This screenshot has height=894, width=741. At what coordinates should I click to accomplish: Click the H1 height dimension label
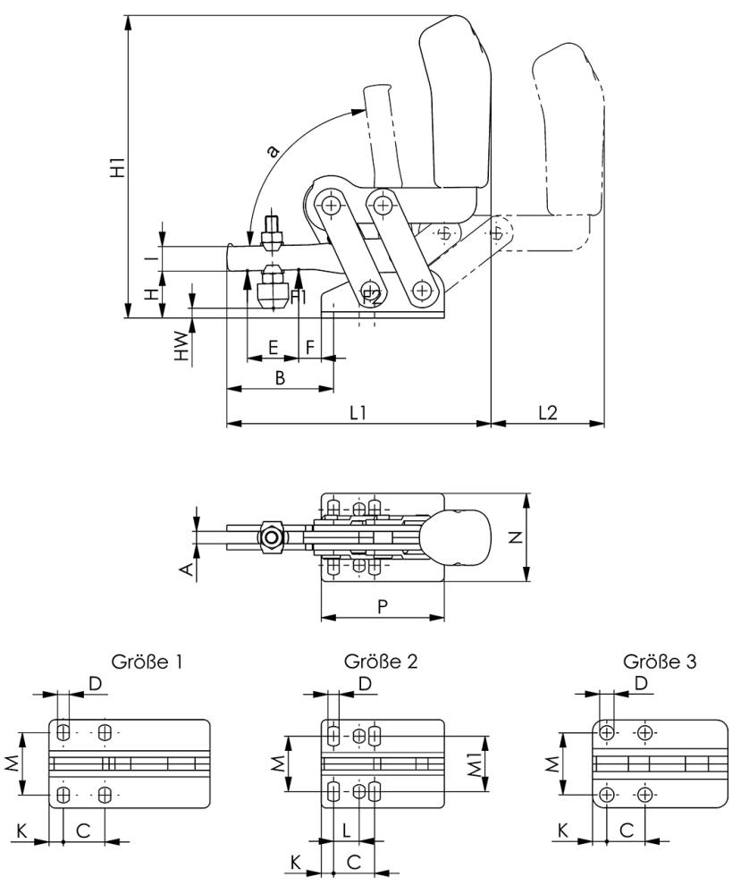[x=117, y=166]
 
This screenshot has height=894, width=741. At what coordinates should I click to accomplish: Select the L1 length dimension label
[x=359, y=412]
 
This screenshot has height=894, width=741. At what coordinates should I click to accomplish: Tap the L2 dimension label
[x=548, y=412]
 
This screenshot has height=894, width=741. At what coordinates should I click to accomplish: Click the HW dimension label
[x=182, y=347]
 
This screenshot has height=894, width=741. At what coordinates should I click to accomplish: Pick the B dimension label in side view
[x=279, y=378]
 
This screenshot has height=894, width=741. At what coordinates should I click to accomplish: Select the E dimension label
[x=273, y=347]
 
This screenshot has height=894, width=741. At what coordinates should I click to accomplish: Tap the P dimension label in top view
[x=382, y=606]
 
